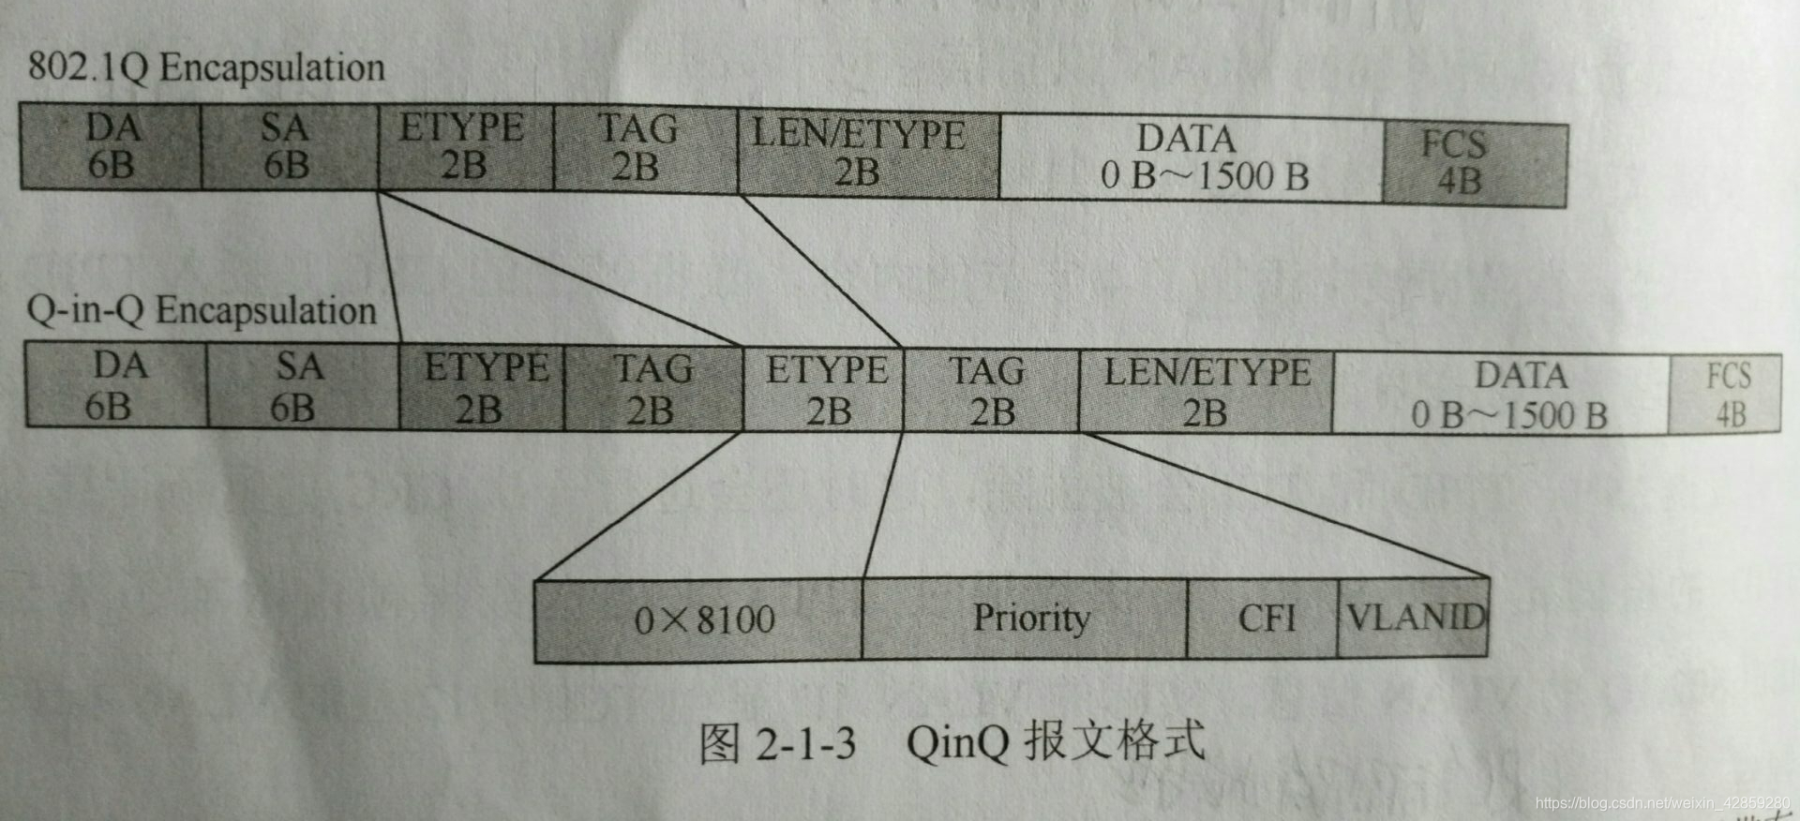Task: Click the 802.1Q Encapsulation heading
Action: click(205, 68)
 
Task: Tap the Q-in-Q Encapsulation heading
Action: click(201, 310)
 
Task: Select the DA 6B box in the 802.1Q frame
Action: click(111, 147)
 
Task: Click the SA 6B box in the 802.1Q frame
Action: click(287, 147)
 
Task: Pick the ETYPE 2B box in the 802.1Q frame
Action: click(463, 148)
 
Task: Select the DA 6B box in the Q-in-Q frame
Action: click(115, 385)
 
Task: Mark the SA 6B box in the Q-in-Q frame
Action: click(300, 386)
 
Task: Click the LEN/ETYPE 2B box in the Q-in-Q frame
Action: click(1206, 393)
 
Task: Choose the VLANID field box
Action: click(1414, 618)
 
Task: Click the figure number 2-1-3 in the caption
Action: click(805, 743)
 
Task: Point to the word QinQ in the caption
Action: click(957, 743)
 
